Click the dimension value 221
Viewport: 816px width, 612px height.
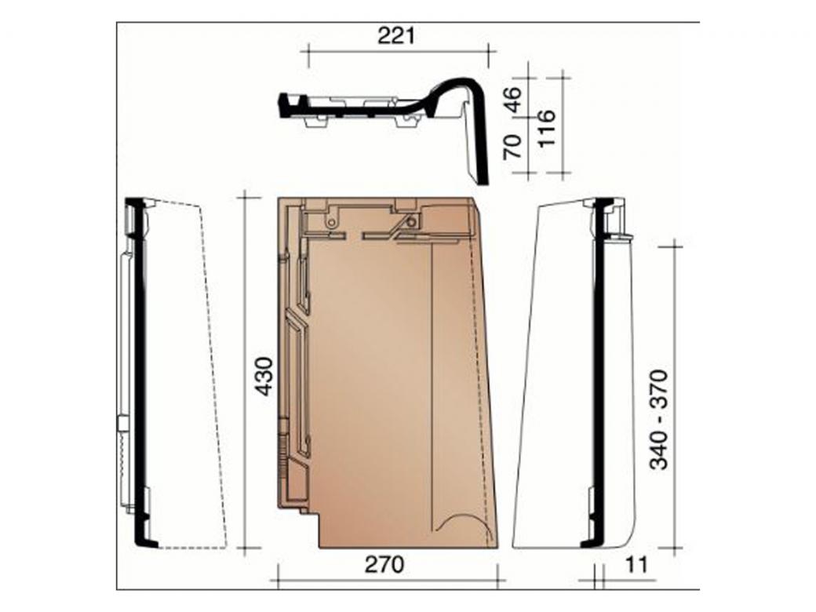point(396,36)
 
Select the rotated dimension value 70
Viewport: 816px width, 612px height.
point(512,147)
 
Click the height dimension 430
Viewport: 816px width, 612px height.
point(265,377)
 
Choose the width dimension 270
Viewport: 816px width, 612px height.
point(384,564)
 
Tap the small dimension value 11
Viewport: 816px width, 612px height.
point(636,564)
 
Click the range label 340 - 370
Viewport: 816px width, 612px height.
point(659,420)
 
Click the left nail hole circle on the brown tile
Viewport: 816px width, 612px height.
point(330,224)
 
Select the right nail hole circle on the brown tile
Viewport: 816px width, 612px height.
point(412,222)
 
